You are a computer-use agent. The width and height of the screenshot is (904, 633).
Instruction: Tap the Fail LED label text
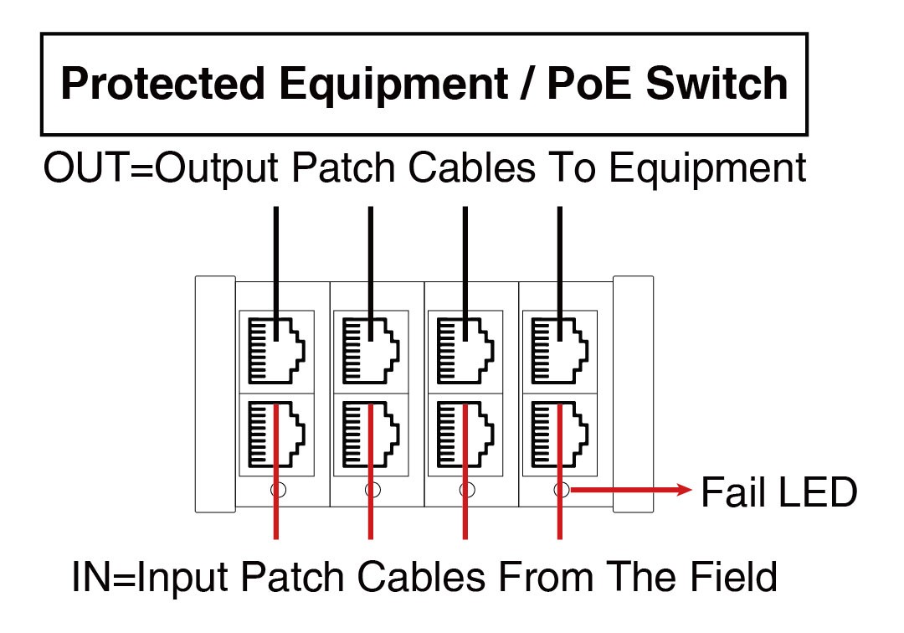click(778, 491)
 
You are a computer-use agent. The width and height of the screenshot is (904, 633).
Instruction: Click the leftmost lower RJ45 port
click(276, 434)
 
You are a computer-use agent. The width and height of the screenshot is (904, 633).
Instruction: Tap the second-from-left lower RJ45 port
click(371, 434)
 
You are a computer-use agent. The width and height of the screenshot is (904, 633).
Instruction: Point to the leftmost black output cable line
click(275, 251)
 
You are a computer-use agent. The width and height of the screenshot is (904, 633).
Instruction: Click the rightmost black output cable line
click(559, 251)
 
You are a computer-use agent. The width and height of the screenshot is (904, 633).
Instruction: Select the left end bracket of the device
click(215, 394)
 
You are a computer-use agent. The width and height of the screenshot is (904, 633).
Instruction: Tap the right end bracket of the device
click(634, 394)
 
